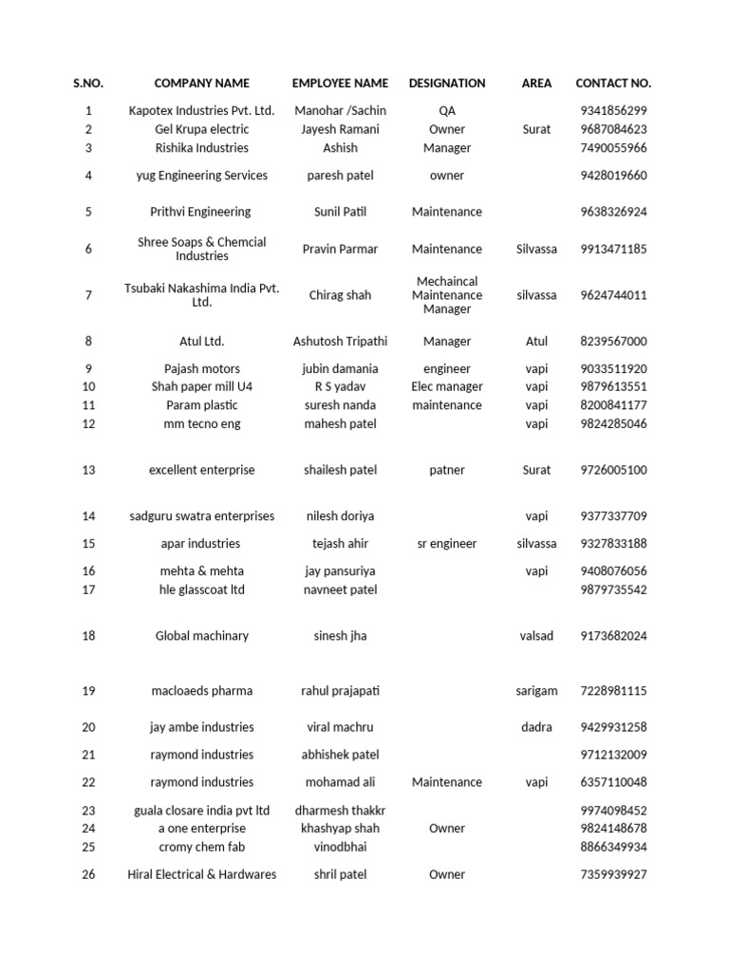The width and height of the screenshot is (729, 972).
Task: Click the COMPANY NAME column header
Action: click(x=201, y=84)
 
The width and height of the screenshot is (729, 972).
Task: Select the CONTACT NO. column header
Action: click(x=613, y=84)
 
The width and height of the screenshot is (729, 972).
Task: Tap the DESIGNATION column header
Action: click(x=447, y=84)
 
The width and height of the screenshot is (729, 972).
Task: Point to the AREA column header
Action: click(x=536, y=84)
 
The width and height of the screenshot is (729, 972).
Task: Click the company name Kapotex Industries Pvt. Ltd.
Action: click(x=201, y=111)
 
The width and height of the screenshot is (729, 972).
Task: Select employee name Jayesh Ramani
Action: click(x=340, y=129)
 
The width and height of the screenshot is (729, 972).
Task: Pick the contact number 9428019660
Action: click(x=613, y=176)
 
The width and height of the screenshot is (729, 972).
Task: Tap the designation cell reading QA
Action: click(x=447, y=111)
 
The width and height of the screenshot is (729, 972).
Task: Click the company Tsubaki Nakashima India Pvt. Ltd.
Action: click(x=201, y=295)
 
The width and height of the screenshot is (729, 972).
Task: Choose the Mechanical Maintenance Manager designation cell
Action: click(x=447, y=295)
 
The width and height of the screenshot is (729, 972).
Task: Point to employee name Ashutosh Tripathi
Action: click(x=340, y=342)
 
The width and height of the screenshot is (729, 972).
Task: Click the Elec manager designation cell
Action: click(x=447, y=387)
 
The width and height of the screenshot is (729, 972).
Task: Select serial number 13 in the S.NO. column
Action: click(x=88, y=471)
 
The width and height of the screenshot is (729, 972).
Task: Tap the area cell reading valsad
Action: click(x=536, y=636)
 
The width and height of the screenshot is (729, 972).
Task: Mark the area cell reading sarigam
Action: click(x=536, y=691)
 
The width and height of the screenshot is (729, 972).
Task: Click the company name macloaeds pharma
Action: click(x=201, y=691)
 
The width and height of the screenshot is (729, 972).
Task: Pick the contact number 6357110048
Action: click(x=613, y=783)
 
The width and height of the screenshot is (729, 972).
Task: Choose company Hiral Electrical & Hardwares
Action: click(x=201, y=875)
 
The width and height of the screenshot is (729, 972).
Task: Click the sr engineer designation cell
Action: click(x=447, y=544)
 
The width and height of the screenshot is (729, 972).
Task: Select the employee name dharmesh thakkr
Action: click(x=340, y=811)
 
